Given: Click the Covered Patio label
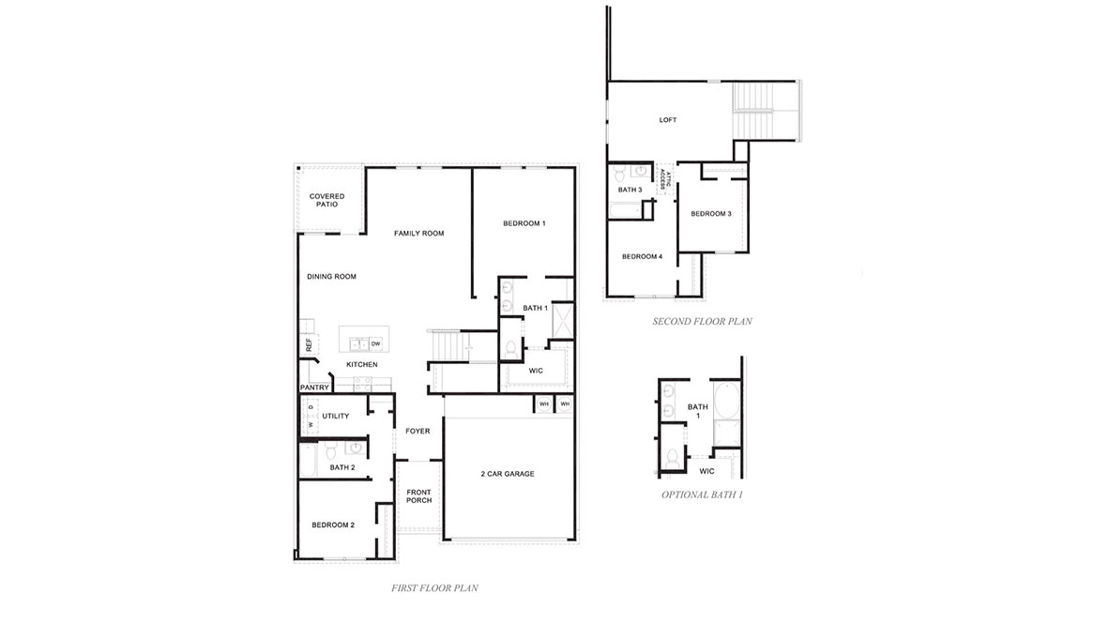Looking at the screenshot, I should (327, 200).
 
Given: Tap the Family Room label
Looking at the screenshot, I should (418, 233).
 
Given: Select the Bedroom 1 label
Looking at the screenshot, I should (524, 223).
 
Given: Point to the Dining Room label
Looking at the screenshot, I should (331, 277).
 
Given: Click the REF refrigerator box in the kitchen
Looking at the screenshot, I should (308, 344).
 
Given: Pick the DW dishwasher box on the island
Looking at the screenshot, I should (375, 344).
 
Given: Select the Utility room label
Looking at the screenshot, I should (335, 416).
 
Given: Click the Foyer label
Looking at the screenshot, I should (418, 432).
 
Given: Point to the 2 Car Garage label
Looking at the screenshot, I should (508, 474).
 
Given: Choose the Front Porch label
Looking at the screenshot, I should (418, 495).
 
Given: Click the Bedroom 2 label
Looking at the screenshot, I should (333, 525).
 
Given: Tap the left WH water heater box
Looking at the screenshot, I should (543, 404).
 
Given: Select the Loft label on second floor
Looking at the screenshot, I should (667, 120).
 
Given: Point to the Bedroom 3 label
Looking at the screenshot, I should (710, 214).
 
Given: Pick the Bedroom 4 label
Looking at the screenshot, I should (642, 257).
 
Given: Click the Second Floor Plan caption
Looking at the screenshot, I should (702, 322).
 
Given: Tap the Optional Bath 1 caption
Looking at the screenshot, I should (702, 495).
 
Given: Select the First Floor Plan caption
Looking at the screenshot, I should (434, 588).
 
